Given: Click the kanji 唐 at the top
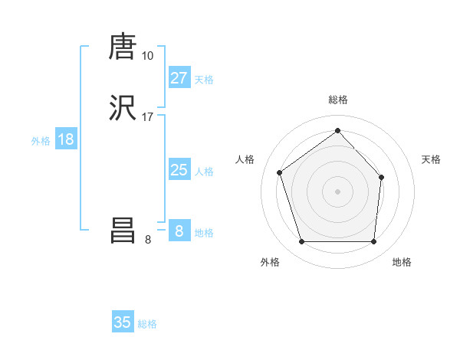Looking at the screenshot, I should point(123,47).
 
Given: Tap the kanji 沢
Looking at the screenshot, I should point(123,109).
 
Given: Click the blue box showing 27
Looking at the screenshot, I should point(179,78).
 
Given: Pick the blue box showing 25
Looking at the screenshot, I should point(179,170).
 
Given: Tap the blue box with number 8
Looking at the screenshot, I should point(179,231).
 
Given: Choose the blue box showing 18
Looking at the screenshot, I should point(65,139).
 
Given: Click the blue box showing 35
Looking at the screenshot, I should point(123,322).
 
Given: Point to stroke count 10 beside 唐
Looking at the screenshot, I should point(147,56).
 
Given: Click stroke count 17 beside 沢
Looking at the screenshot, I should point(147,117).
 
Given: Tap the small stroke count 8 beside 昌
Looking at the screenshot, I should point(148,240).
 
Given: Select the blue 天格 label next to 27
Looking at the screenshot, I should point(204,80).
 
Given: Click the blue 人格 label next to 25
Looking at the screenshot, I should point(204,172).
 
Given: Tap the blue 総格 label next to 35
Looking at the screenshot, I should point(147,324).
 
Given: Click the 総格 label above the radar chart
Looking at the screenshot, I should point(337,100).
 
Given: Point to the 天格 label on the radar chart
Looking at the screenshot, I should point(432,159).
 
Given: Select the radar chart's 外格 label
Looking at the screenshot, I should point(270,262).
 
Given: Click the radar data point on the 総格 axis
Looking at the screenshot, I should point(337,130).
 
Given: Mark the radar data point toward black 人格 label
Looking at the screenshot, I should point(281,172).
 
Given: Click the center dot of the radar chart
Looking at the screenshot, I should point(337,191).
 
